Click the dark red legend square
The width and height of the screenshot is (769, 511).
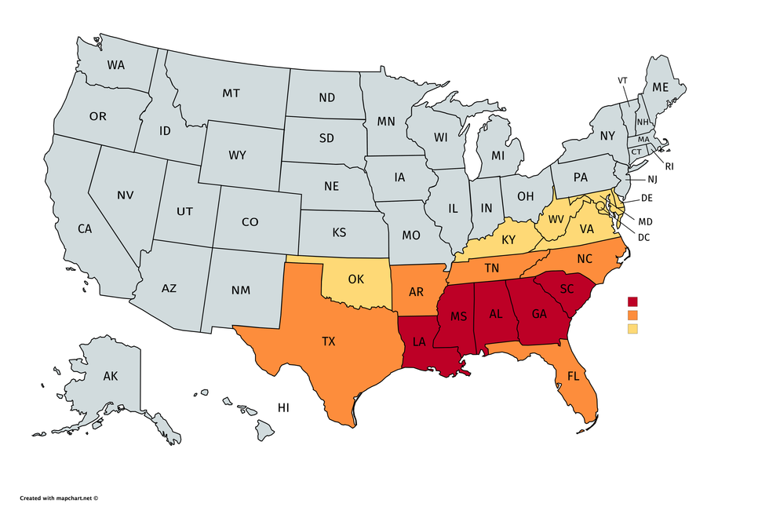[632, 301]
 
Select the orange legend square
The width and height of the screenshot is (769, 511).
[632, 315]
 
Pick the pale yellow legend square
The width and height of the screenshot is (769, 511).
[632, 329]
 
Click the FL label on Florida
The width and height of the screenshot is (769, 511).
[573, 376]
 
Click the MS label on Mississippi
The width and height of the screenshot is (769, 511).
[458, 316]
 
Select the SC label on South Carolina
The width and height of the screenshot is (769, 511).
[567, 288]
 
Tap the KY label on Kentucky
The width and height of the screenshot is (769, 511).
[508, 239]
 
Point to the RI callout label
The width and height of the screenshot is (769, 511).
[669, 166]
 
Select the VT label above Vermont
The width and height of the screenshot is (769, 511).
[622, 81]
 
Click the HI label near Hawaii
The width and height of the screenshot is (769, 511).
[283, 407]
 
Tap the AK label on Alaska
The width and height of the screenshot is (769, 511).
[111, 377]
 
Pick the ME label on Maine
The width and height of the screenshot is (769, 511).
[661, 86]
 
